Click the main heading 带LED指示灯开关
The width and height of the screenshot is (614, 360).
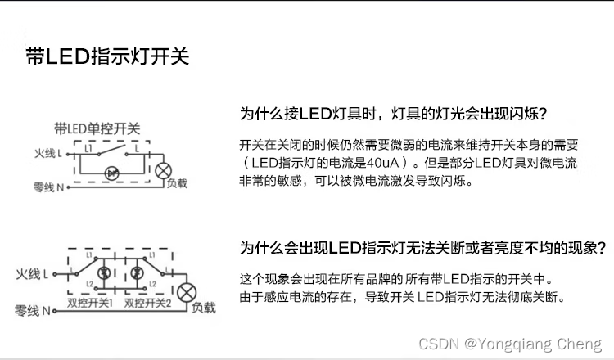108,56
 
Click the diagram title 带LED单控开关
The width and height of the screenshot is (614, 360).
97,128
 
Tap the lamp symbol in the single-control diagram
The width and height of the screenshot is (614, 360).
163,170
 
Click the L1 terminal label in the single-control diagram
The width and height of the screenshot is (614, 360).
88,149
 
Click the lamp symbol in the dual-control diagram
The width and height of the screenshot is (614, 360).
189,290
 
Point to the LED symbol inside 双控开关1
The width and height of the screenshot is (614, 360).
103,272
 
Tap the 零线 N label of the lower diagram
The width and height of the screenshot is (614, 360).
33,311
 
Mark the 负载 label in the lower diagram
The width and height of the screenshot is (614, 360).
203,308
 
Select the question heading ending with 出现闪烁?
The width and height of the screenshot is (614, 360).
393,113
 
